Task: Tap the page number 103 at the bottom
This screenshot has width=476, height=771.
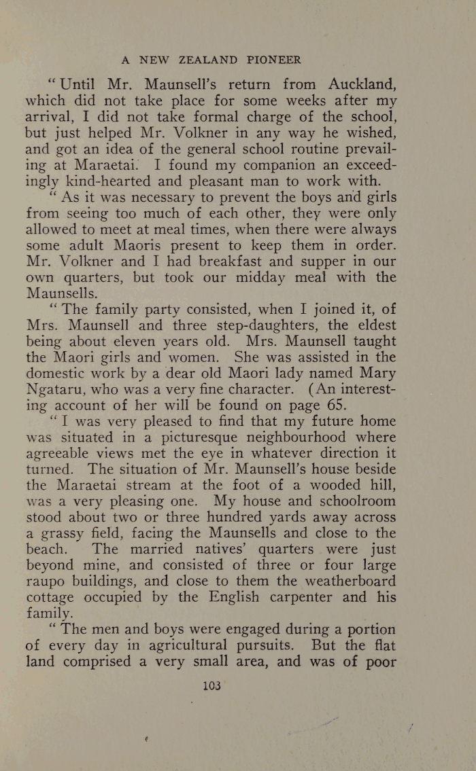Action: [212, 685]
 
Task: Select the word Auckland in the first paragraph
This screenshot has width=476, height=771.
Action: [361, 84]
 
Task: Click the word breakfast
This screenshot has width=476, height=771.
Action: [221, 261]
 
